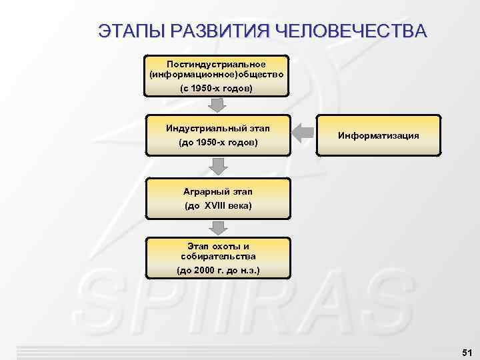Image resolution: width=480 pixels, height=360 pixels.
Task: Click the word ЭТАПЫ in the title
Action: [x=130, y=31]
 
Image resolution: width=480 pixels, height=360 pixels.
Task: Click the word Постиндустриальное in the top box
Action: [x=218, y=64]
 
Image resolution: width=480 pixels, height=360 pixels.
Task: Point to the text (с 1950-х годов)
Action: [x=218, y=88]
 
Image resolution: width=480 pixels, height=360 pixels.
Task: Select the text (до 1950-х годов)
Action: [x=218, y=143]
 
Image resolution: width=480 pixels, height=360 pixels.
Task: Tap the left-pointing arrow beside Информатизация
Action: [x=305, y=133]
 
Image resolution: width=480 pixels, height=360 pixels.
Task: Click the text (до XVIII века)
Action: [x=218, y=206]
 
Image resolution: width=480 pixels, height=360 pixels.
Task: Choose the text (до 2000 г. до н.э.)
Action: [x=218, y=271]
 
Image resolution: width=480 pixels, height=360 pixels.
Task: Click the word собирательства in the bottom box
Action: [x=218, y=255]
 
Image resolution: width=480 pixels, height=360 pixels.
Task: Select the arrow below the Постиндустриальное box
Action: [x=217, y=105]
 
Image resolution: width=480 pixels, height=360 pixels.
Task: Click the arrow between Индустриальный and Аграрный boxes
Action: [x=217, y=166]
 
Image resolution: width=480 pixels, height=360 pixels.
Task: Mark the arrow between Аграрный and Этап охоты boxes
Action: [x=217, y=227]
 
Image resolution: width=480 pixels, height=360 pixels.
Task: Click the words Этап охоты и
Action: [x=218, y=246]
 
